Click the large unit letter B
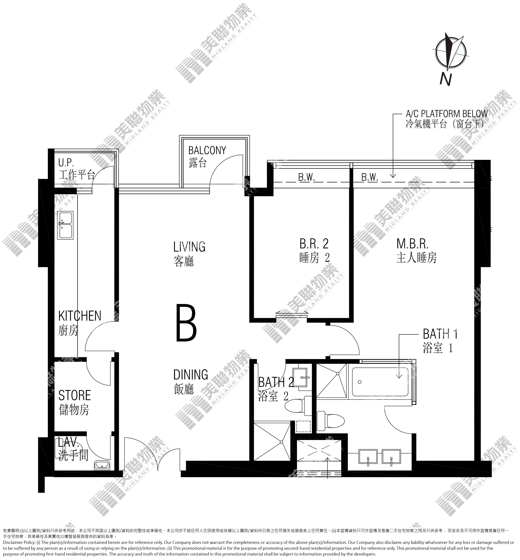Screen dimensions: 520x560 point(186,323)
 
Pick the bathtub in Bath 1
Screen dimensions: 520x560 point(380,382)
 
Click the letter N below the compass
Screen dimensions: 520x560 point(446,79)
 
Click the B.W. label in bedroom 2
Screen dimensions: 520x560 point(307,177)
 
